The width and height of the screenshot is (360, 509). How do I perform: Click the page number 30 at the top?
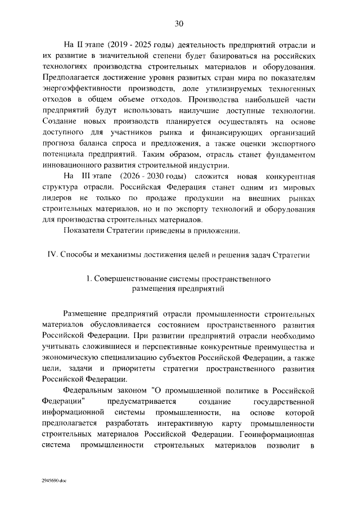(x=179, y=23)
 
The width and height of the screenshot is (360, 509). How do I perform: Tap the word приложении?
(x=219, y=232)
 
